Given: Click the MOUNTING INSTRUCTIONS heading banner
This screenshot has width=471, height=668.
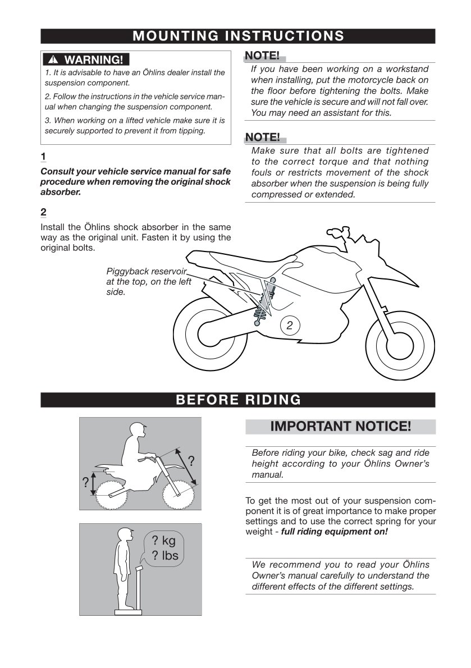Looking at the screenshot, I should tap(238, 36).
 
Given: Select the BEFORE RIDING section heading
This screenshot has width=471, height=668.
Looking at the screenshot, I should tap(238, 400).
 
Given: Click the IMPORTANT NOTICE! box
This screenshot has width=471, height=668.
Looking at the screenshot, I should tap(340, 426).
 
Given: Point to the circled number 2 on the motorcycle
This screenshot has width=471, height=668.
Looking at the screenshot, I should tap(289, 325).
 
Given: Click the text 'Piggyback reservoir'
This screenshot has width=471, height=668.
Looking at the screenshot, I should tap(146, 272).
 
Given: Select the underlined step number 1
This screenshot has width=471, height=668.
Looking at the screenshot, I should tap(44, 155).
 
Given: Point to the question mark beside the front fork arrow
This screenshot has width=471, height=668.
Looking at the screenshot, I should tap(191, 461).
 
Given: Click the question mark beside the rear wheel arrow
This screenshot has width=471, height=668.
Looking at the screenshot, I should tap(85, 482).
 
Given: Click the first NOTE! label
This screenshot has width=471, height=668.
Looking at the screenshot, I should tap(262, 56).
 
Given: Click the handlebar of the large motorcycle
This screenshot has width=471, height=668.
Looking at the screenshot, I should tap(336, 231).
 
